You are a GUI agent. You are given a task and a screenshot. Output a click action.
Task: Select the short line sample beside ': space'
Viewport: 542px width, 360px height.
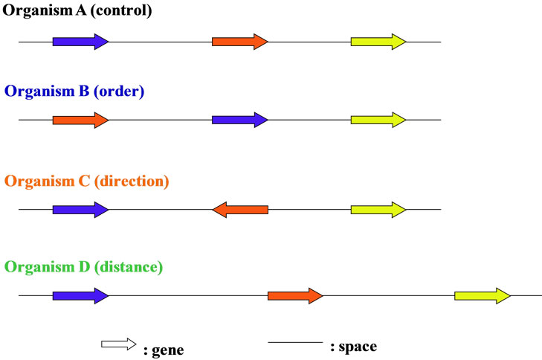[295, 343]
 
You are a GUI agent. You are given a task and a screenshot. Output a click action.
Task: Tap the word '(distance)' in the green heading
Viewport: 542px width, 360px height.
[128, 266]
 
